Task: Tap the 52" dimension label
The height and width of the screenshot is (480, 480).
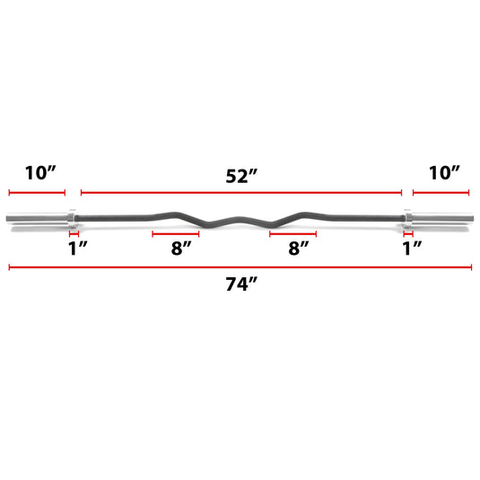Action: [x=240, y=176]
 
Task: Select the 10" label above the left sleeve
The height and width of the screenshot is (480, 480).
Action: [x=39, y=173]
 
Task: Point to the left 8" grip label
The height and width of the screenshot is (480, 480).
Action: [x=181, y=249]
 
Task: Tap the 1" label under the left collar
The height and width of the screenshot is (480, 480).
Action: [x=77, y=249]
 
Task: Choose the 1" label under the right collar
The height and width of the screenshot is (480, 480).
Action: [x=412, y=249]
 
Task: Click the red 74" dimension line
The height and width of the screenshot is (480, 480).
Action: [x=239, y=266]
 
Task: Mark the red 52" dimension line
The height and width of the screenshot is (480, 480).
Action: [x=240, y=193]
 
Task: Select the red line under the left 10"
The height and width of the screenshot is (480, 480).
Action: [x=38, y=193]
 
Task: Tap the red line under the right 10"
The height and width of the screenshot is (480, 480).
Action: [x=441, y=193]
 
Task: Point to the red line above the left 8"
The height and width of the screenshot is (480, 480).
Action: [x=176, y=233]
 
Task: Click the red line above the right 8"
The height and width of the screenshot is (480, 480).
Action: [x=292, y=233]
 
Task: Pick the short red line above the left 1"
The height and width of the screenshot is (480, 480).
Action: [x=74, y=233]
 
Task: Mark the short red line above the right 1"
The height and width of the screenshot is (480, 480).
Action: [x=408, y=233]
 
